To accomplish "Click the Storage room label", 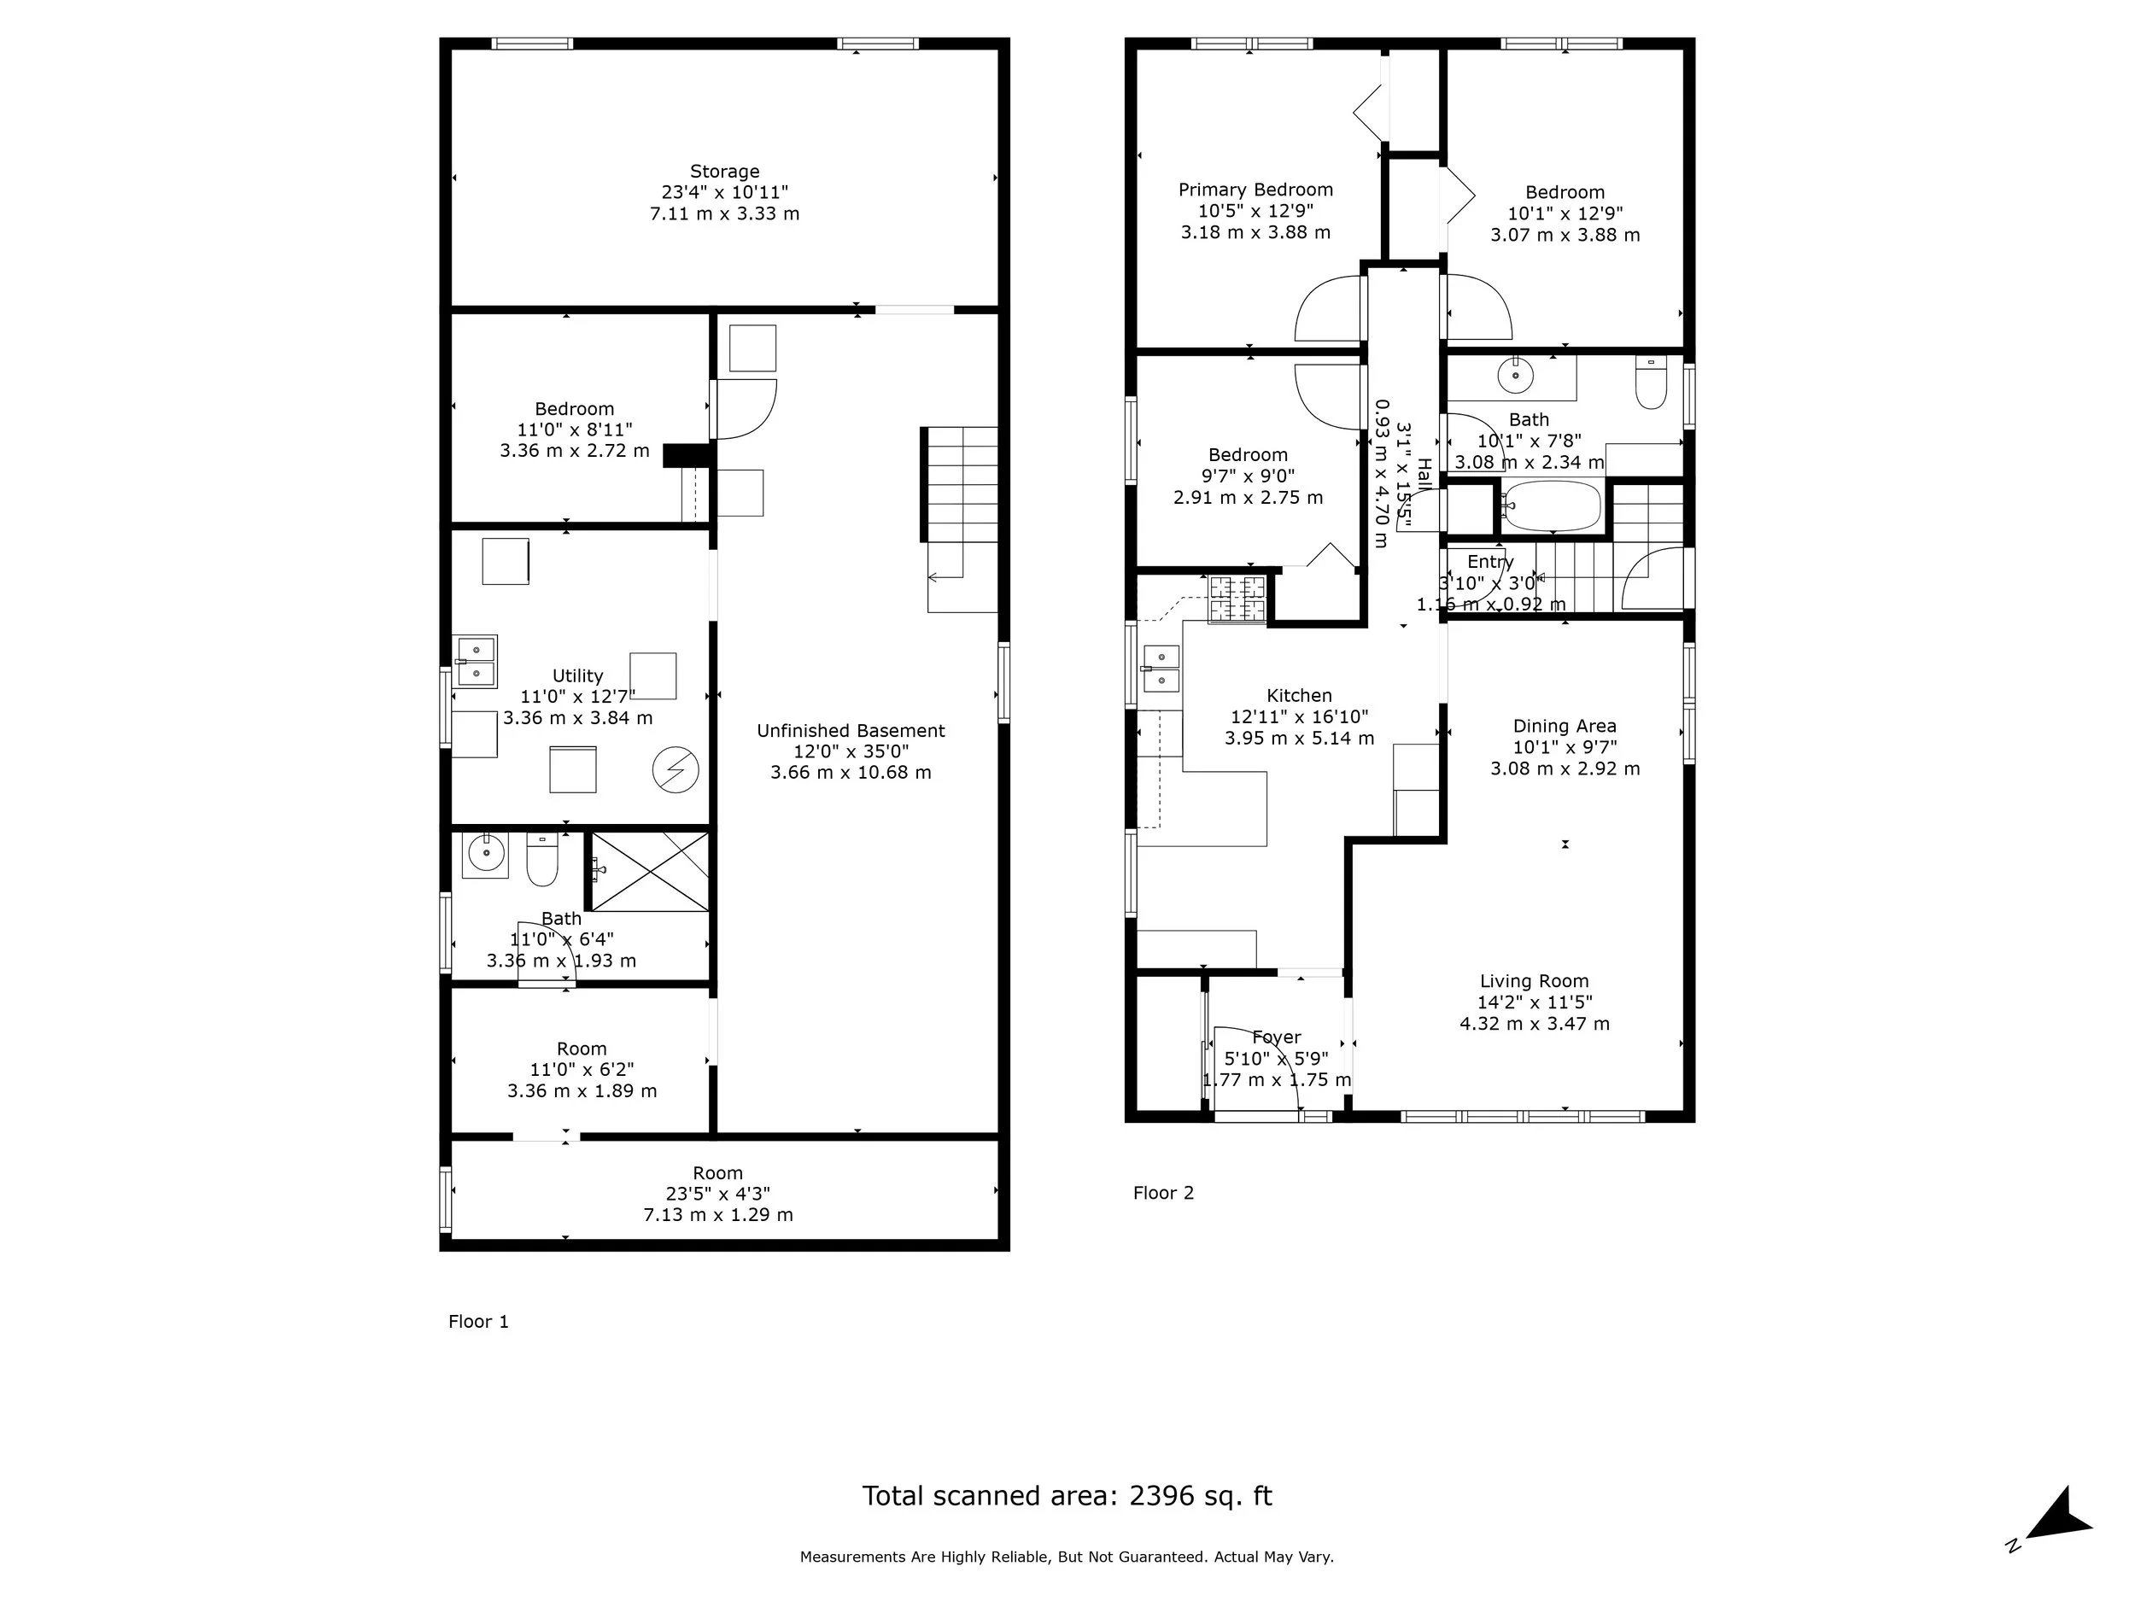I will [x=724, y=172].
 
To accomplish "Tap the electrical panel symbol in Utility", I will [x=675, y=770].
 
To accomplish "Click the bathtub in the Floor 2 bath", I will [x=1552, y=506].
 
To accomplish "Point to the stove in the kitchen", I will [x=1237, y=599].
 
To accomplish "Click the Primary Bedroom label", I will [x=1255, y=190].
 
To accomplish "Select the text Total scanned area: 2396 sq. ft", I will [x=1067, y=1496].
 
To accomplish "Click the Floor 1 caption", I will [x=477, y=1321].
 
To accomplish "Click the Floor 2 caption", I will [x=1163, y=1193].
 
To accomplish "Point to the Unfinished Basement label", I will [x=851, y=731].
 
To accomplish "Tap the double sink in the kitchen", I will [x=1161, y=669].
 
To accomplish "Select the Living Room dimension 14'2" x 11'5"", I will [x=1534, y=1002].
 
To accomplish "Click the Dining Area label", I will [x=1564, y=726].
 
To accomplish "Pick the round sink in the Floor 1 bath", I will [x=485, y=853].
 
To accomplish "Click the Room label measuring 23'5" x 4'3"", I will [x=717, y=1172].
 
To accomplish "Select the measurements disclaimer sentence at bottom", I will [x=1067, y=1557].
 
